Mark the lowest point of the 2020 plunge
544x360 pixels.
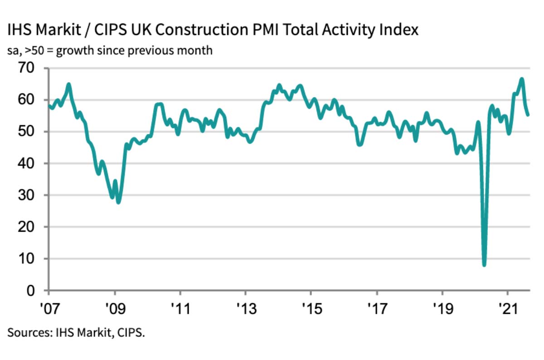point(484,264)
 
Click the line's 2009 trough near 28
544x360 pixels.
point(118,202)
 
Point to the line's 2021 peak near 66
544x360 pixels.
point(522,79)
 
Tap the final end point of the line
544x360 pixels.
point(528,115)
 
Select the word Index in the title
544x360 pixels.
point(398,30)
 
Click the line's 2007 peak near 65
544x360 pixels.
point(68,84)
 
